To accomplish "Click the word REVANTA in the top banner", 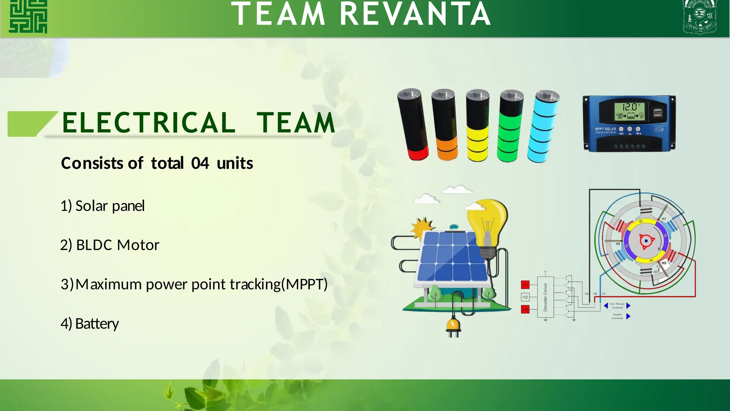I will (x=415, y=14).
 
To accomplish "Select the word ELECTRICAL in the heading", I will (x=149, y=123).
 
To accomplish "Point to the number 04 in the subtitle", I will (x=200, y=163).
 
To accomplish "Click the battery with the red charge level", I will (x=413, y=125).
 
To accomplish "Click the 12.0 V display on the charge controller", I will (x=630, y=107).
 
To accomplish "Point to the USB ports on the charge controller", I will (x=658, y=113).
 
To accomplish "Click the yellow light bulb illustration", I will (x=488, y=225).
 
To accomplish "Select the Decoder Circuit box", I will (x=545, y=297).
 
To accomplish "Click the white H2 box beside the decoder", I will (x=525, y=297).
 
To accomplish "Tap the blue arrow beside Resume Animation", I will (x=628, y=316).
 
